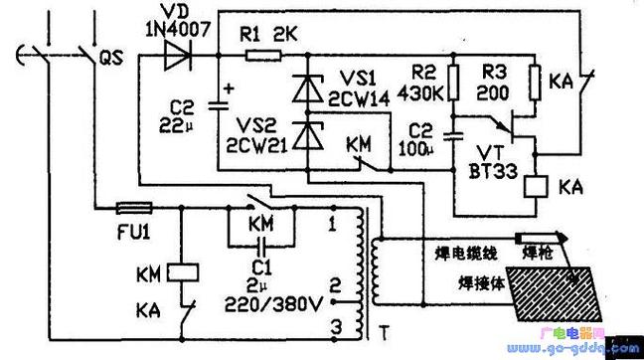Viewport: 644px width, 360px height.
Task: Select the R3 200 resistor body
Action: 535,79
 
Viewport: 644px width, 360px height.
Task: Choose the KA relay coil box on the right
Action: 540,187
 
